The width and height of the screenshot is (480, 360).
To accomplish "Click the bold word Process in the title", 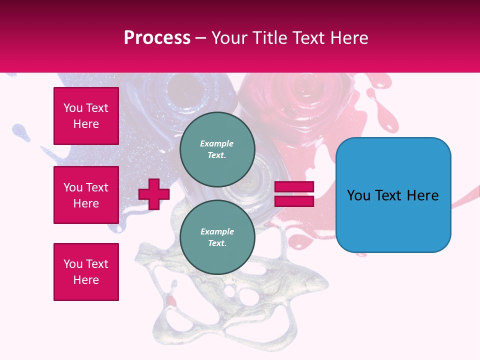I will [157, 38].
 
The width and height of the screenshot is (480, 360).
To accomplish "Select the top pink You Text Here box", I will [86, 116].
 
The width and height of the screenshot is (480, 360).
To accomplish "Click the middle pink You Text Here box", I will [86, 195].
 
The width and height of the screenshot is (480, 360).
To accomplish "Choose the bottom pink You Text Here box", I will [86, 272].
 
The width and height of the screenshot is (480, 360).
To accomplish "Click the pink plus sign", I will [154, 194].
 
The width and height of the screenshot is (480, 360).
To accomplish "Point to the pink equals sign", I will [294, 194].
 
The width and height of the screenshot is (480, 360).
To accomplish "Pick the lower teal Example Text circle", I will [217, 237].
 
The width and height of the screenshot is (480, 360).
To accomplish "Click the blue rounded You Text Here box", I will [393, 195].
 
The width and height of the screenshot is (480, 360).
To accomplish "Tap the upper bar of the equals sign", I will [294, 187].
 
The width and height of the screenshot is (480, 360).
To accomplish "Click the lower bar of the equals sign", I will [294, 201].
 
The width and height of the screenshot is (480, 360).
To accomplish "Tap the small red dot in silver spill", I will [171, 300].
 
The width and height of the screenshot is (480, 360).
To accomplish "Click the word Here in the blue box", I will [422, 195].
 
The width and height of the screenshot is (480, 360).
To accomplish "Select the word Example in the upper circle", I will [217, 143].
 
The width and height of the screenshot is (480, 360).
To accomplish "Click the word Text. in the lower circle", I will [217, 243].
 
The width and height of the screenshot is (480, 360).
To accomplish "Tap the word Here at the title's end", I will [348, 38].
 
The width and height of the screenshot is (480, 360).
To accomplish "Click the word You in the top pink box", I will [73, 108].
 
